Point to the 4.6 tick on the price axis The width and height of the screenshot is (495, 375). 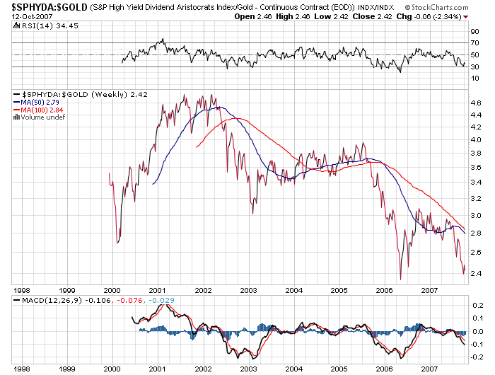tap(475, 103)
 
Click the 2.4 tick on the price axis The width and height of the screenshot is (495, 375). tap(475, 273)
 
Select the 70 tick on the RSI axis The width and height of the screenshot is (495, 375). tap(474, 42)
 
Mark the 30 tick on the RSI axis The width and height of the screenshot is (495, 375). tap(474, 67)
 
